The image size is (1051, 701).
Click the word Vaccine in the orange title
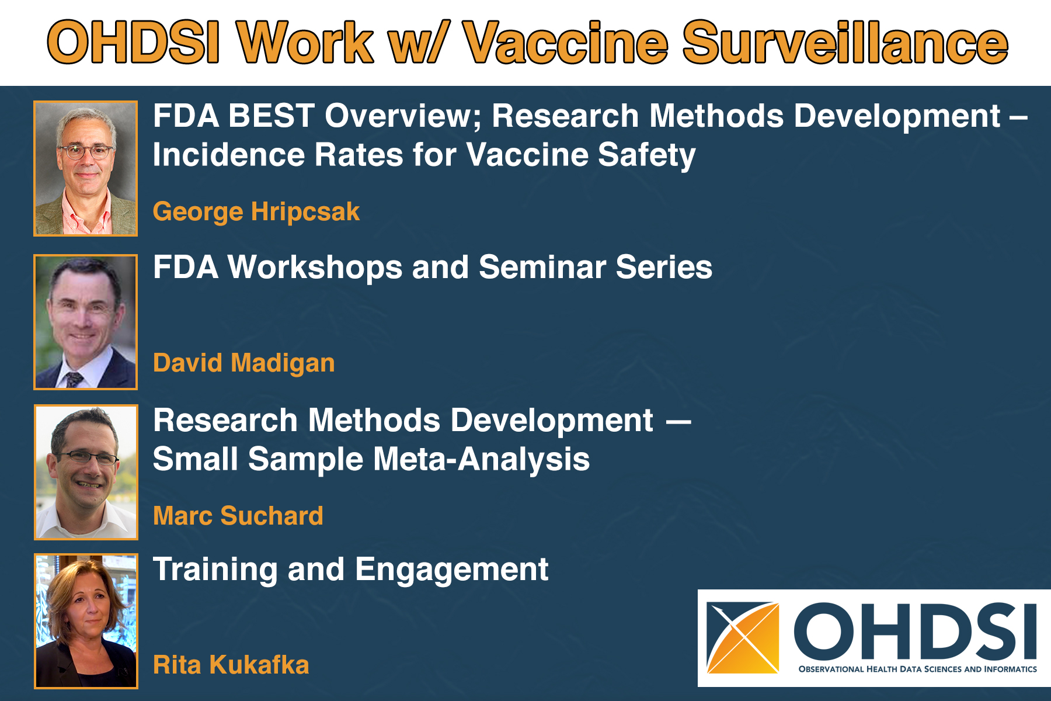[x=565, y=43]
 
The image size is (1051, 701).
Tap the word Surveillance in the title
[x=844, y=43]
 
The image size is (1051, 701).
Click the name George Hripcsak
[x=256, y=211]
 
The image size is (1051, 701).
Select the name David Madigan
[x=243, y=363]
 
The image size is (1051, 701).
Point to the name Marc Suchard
[x=238, y=516]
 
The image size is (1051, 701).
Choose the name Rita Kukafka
[x=231, y=665]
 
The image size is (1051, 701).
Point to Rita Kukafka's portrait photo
[x=86, y=621]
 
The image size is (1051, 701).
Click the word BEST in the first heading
[x=272, y=116]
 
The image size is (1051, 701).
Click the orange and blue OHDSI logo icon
[x=742, y=637]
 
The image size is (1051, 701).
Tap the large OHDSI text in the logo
[x=914, y=630]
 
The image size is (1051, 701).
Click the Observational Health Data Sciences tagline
[x=917, y=669]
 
